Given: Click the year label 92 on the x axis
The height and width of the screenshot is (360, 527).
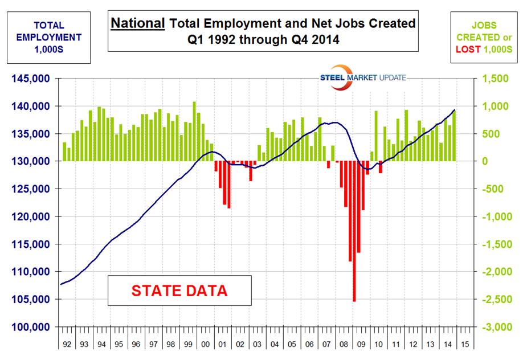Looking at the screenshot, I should pos(68,345).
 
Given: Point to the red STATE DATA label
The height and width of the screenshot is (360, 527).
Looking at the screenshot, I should pos(179,291).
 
